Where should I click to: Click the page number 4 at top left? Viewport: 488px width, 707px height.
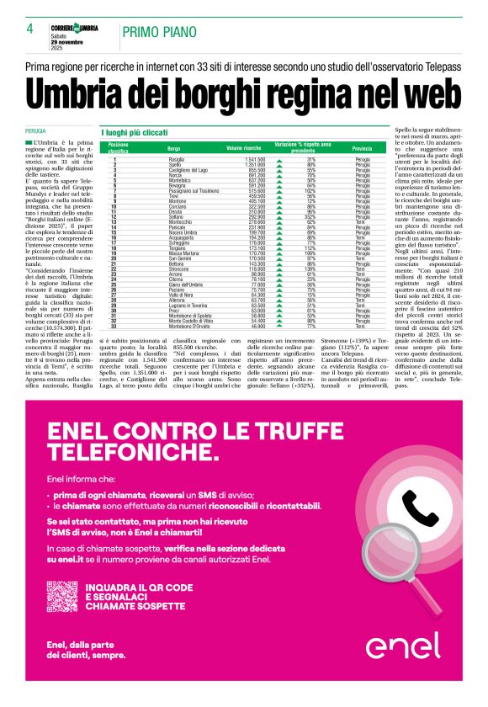(x=29, y=29)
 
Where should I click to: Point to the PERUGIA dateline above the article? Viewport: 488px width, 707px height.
(x=35, y=132)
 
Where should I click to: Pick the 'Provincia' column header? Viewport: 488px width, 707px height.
(x=362, y=147)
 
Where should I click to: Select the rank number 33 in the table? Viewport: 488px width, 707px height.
(x=114, y=326)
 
